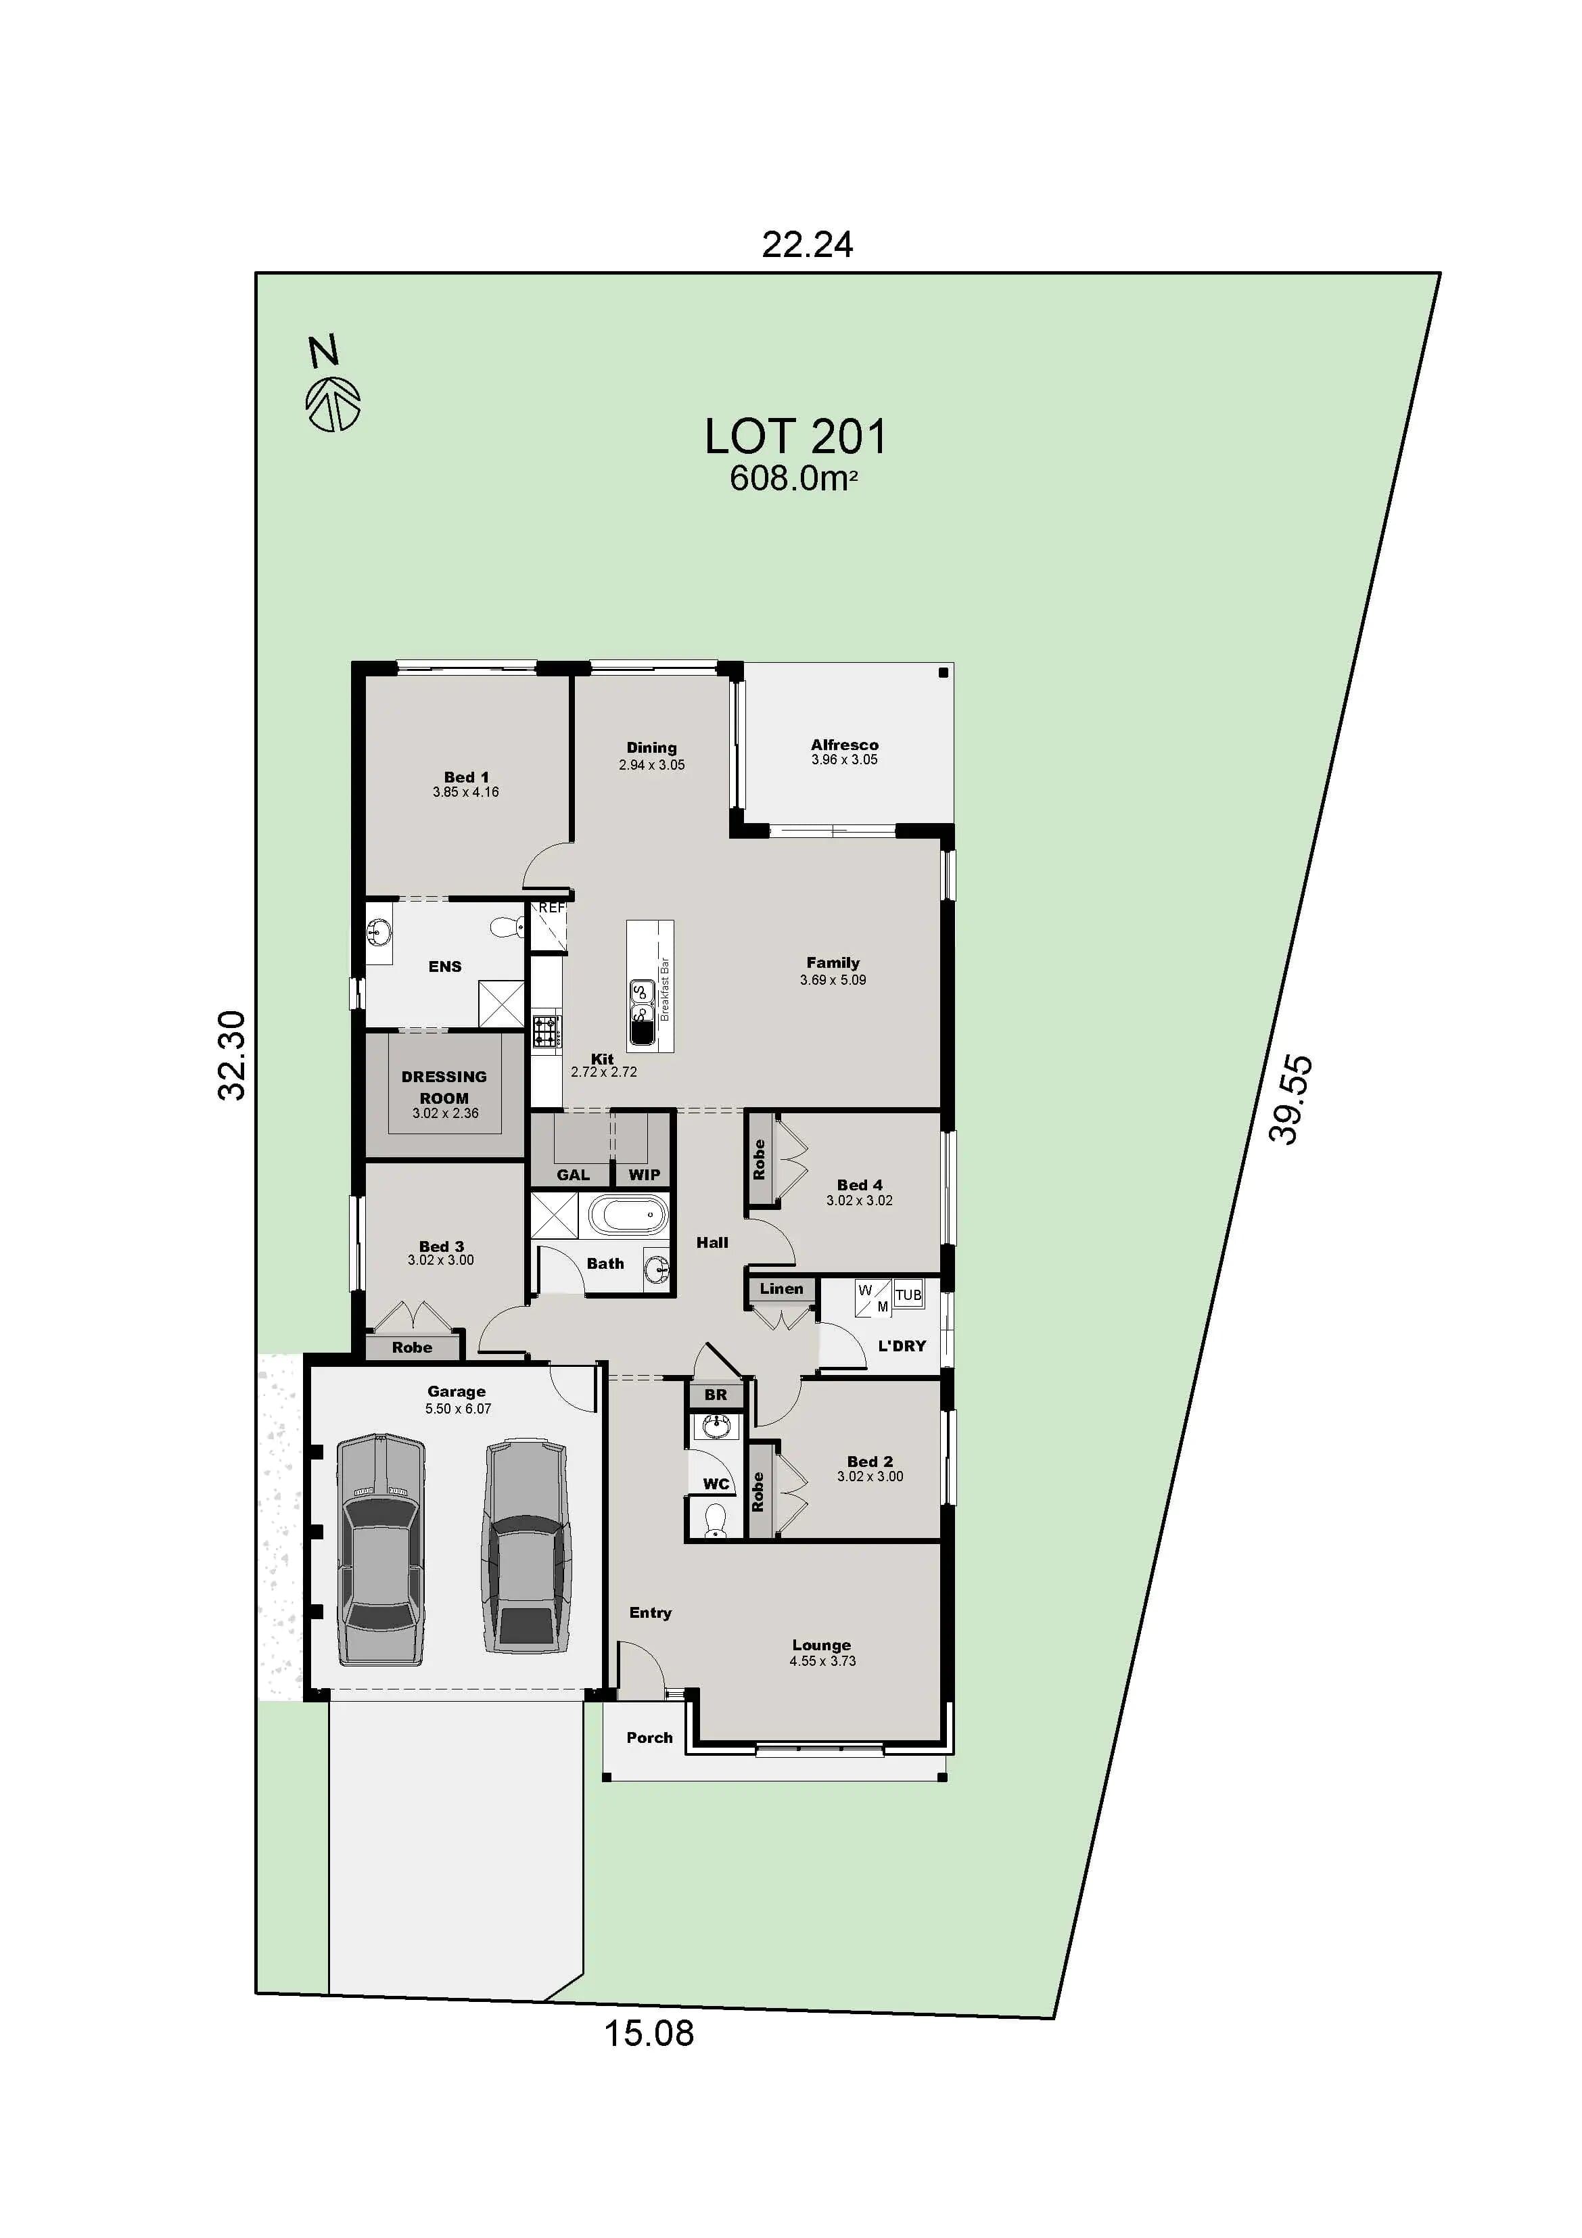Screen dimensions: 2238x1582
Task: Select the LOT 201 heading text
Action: click(795, 438)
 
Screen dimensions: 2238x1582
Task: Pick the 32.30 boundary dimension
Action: click(232, 1056)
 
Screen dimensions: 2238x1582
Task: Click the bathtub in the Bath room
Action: click(629, 1217)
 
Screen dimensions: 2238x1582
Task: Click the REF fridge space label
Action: click(552, 908)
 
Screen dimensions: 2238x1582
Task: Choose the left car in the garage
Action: click(381, 1550)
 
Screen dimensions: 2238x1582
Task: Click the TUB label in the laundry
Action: click(908, 1295)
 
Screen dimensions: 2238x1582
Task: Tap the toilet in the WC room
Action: click(716, 1518)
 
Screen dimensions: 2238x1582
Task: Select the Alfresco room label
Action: click(844, 745)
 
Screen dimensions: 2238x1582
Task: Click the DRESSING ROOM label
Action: click(444, 1087)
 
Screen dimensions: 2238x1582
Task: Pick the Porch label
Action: click(649, 1737)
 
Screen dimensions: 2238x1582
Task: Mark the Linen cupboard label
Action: click(782, 1288)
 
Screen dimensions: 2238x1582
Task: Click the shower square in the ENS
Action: click(501, 1003)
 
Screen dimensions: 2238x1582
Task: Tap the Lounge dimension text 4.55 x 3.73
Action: click(822, 1661)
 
